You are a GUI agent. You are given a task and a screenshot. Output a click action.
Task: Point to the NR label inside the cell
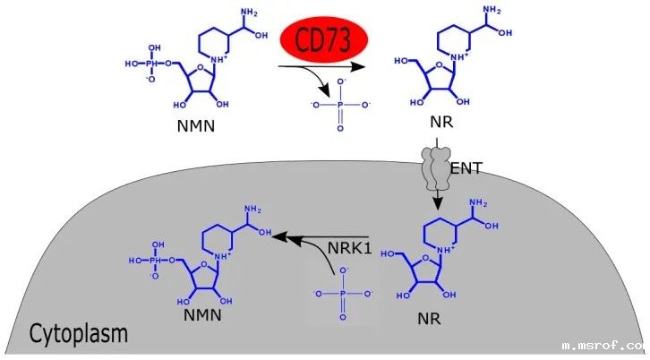[430, 317]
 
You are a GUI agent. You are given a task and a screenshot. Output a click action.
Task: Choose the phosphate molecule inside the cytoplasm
[343, 293]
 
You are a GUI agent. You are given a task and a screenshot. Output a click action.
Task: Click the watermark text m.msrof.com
[603, 344]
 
